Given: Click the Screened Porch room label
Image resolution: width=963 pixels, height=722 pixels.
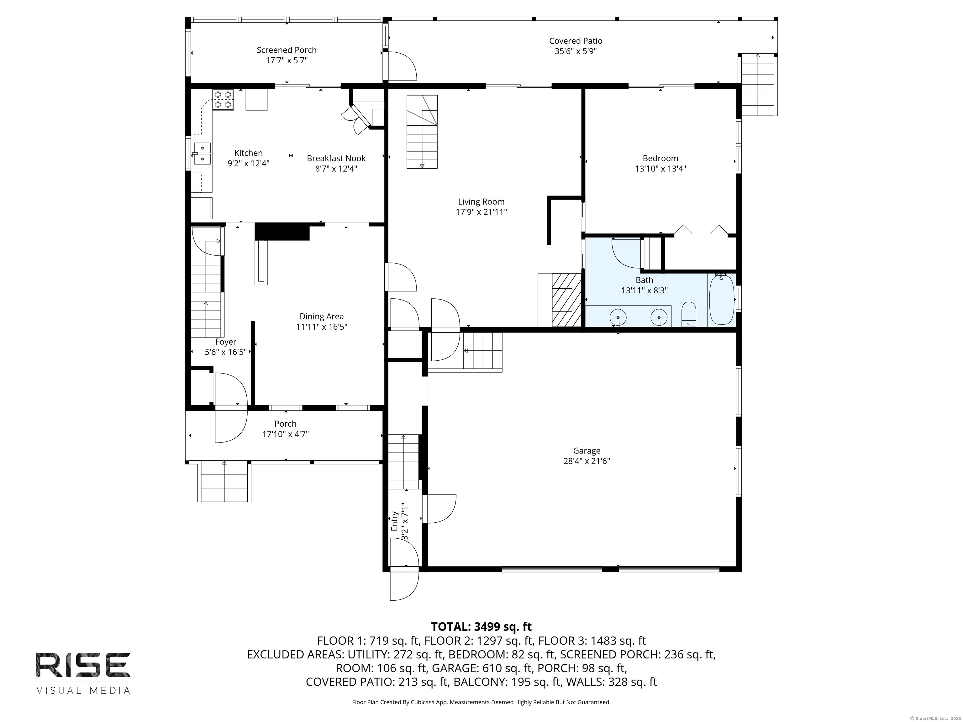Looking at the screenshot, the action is point(287,50).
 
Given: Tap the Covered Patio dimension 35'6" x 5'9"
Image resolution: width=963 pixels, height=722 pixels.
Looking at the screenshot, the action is point(576,51).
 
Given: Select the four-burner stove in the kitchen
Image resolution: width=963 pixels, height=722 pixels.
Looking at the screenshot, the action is point(223,100).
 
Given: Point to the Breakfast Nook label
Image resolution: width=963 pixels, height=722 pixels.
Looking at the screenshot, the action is point(336,159).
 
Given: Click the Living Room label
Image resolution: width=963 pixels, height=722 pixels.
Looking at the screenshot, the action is point(481,201).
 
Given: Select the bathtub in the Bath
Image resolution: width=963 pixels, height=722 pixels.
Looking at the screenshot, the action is point(721,299).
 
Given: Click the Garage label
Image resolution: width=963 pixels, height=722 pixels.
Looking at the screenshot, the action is point(587,451).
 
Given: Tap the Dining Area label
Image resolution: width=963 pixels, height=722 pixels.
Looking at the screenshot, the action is point(322,317).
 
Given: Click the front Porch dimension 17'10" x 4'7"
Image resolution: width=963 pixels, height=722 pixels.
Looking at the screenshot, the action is point(286,434).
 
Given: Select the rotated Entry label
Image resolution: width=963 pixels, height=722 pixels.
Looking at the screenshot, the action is point(395,521).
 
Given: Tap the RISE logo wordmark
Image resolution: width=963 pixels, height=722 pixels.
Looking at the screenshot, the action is point(83,665).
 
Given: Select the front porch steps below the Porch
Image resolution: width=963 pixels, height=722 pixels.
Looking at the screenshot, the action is point(225,482).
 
